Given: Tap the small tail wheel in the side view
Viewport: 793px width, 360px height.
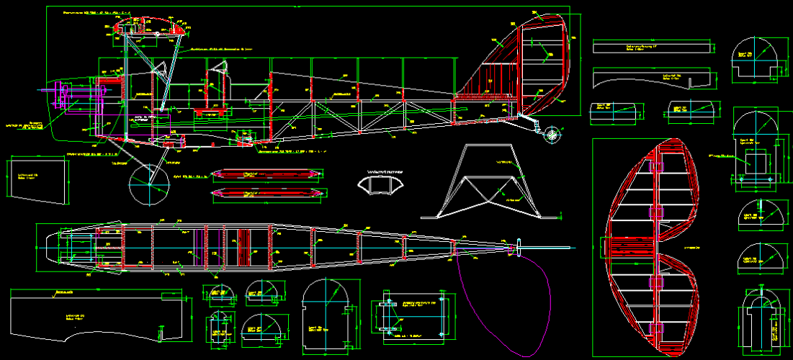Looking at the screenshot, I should click(x=552, y=134).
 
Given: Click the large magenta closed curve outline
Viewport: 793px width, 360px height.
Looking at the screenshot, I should click(x=504, y=302).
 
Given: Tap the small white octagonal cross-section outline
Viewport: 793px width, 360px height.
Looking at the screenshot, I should click(x=381, y=184).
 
